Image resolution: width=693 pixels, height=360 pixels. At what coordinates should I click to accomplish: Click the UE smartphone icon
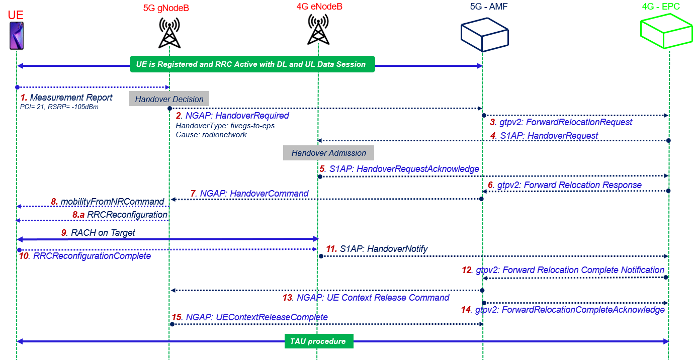pyautogui.click(x=17, y=35)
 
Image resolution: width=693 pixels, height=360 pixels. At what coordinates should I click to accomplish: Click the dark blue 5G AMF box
pyautogui.click(x=482, y=34)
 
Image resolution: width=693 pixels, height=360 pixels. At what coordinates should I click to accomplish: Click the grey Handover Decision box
pyautogui.click(x=169, y=99)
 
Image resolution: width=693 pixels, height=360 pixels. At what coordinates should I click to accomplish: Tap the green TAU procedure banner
pyautogui.click(x=318, y=341)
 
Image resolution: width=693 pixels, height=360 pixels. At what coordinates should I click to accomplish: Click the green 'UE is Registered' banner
pyautogui.click(x=252, y=64)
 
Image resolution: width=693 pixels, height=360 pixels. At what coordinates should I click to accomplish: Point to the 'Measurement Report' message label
pyautogui.click(x=70, y=98)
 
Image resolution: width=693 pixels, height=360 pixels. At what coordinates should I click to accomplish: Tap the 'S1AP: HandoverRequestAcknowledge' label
pyautogui.click(x=404, y=169)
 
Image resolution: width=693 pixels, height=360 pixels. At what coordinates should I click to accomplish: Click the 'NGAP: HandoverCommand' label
pyautogui.click(x=254, y=193)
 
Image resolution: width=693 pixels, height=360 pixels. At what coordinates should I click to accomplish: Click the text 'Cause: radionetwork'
pyautogui.click(x=211, y=135)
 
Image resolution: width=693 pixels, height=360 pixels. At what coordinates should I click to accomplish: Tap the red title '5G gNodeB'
pyautogui.click(x=166, y=8)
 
